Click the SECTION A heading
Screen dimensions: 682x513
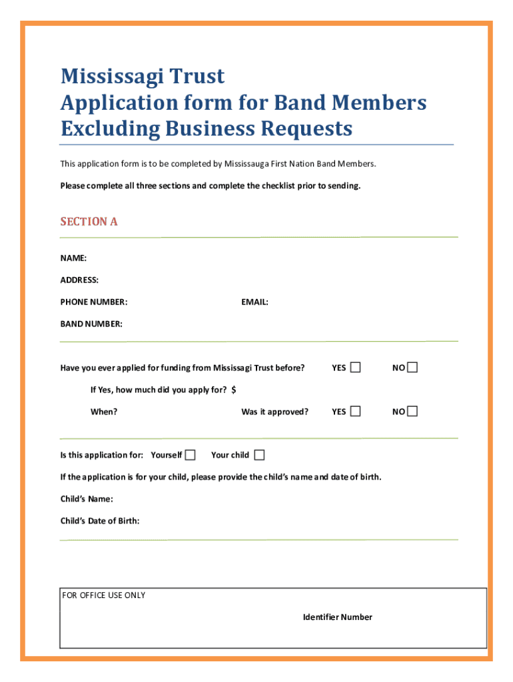coord(89,222)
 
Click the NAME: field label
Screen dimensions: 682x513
coord(73,258)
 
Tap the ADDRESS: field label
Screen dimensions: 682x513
coord(79,280)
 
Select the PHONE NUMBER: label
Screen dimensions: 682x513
coord(94,302)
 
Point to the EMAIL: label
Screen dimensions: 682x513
coord(255,302)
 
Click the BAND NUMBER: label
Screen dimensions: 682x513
coord(91,324)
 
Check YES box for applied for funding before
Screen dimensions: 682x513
coord(356,368)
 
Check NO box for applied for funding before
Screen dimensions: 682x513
coord(412,368)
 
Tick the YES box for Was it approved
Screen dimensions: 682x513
coord(356,411)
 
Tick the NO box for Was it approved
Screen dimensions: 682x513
coord(412,411)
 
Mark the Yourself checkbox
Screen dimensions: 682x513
coord(191,455)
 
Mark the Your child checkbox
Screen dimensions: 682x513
coord(259,455)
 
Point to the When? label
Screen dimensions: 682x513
coord(104,412)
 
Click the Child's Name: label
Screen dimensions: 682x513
coord(87,499)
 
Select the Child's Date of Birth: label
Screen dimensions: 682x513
coord(100,521)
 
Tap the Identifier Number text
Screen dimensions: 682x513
coord(337,617)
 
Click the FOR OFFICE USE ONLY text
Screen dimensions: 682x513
coord(103,595)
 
